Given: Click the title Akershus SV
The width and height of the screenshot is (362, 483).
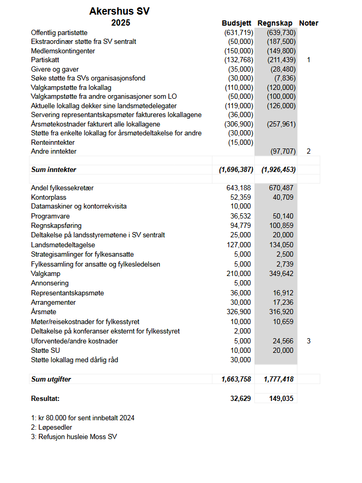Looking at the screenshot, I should point(120,11).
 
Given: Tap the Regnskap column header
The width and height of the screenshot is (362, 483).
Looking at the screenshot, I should point(275,24).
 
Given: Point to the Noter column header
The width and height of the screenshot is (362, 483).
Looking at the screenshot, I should point(308,24).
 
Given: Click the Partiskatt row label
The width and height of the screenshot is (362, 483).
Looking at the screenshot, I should point(45,60).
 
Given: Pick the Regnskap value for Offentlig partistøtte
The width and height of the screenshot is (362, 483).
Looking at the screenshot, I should point(282,32).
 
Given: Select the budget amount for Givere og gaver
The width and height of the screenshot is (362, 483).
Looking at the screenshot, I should point(240,69).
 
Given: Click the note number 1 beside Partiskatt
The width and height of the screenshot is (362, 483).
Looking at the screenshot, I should point(309,60).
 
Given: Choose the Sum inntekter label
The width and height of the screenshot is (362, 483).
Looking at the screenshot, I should point(54,170).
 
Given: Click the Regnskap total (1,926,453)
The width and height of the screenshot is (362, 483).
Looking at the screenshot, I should point(278,170).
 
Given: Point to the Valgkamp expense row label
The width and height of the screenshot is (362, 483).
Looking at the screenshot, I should point(45,273).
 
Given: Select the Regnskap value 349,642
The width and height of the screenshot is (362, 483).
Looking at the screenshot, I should point(283,273).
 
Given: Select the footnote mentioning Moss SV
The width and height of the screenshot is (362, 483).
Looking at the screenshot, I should point(74,436).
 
